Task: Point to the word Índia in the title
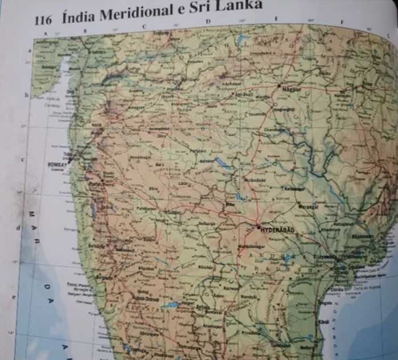click(x=77, y=17)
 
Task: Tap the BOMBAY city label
click(x=58, y=164)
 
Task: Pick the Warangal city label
click(x=307, y=206)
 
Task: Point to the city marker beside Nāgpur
click(x=279, y=85)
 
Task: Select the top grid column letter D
click(x=208, y=22)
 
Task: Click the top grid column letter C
click(x=143, y=26)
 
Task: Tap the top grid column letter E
click(x=276, y=19)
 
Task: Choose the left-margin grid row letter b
click(x=26, y=95)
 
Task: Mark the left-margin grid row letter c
click(x=23, y=160)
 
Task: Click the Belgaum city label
click(x=104, y=277)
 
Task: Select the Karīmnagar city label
click(x=292, y=189)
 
